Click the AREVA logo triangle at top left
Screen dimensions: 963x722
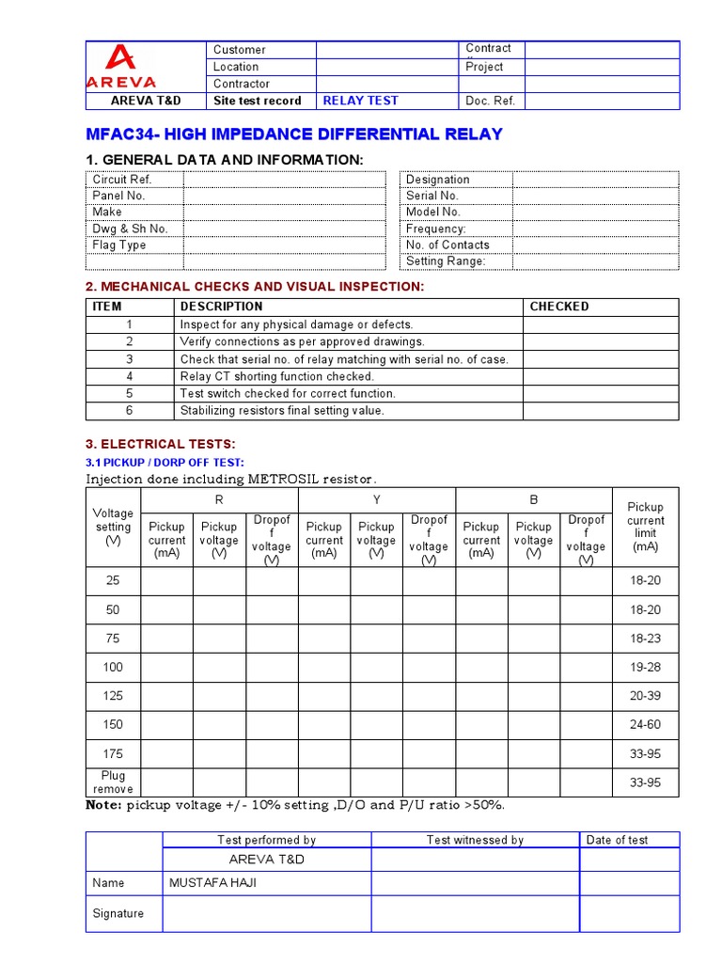click(x=121, y=58)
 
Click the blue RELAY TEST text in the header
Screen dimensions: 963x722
click(x=360, y=101)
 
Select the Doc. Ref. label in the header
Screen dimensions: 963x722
click(x=490, y=101)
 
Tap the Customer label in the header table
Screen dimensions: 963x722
click(x=239, y=50)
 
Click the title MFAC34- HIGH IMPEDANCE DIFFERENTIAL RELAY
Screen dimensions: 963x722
click(x=294, y=134)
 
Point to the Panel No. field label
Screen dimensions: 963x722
click(x=118, y=196)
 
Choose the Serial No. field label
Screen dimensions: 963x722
click(x=432, y=196)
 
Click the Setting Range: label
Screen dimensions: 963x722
click(x=445, y=261)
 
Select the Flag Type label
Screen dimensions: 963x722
click(x=119, y=245)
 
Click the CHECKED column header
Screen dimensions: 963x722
click(x=559, y=307)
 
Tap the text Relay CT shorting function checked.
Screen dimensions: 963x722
click(x=276, y=376)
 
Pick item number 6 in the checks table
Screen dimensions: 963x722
click(x=130, y=410)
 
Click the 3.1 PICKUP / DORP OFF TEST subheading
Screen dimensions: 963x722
click(x=165, y=462)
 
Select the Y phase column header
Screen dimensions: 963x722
click(x=376, y=501)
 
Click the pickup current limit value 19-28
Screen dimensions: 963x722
click(x=645, y=667)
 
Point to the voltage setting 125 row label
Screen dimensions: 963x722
click(x=113, y=696)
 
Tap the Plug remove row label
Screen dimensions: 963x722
click(x=113, y=782)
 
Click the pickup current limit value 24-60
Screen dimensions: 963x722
click(x=645, y=725)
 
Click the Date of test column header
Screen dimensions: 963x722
click(x=617, y=840)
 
